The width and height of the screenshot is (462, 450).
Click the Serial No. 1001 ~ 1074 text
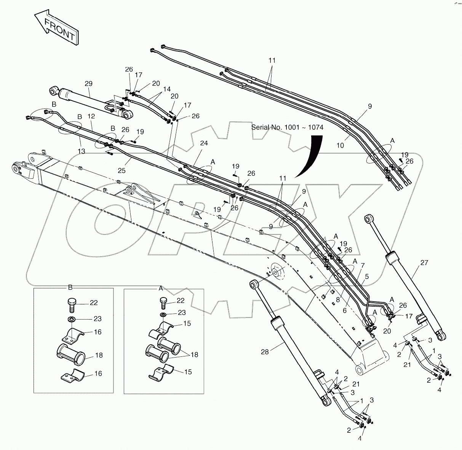click(x=287, y=127)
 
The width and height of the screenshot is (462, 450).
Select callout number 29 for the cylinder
click(x=88, y=83)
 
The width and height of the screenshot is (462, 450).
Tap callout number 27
click(x=424, y=262)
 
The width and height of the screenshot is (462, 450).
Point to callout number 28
click(x=265, y=351)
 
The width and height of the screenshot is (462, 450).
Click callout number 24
click(x=204, y=143)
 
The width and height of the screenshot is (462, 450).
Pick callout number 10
click(x=340, y=145)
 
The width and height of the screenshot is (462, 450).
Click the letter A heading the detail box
click(x=161, y=288)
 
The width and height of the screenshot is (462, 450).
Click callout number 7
click(x=363, y=265)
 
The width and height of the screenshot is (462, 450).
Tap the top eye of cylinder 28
click(x=254, y=284)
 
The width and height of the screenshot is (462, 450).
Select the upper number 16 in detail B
click(x=98, y=332)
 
